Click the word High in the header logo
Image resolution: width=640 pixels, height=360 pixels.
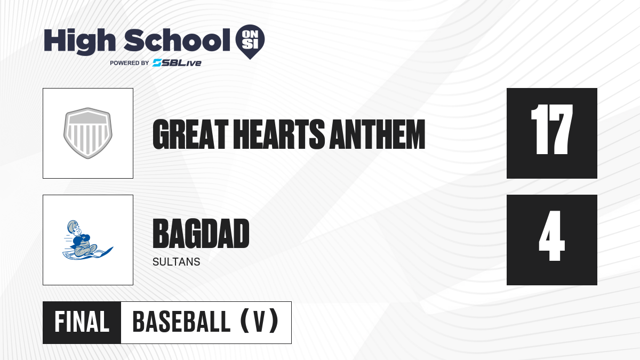[x=80, y=42]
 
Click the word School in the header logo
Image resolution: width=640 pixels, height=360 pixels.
[x=177, y=40]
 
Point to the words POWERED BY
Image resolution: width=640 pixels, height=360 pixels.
[x=130, y=63]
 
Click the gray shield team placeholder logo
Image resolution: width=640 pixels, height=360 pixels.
[x=88, y=133]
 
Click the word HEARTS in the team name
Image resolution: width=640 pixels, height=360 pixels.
[x=279, y=134]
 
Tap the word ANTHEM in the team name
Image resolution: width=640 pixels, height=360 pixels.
[x=378, y=134]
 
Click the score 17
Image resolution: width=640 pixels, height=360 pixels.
[x=551, y=130]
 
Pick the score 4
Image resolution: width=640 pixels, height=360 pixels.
[x=551, y=236]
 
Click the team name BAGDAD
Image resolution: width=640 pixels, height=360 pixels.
[x=201, y=234]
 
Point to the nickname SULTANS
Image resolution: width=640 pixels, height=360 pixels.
[x=177, y=262]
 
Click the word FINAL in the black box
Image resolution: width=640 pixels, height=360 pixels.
[x=82, y=322]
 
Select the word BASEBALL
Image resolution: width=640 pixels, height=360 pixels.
[x=181, y=322]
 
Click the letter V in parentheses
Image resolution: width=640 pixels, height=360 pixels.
[x=259, y=322]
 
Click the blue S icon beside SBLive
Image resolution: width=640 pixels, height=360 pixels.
[x=157, y=63]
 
